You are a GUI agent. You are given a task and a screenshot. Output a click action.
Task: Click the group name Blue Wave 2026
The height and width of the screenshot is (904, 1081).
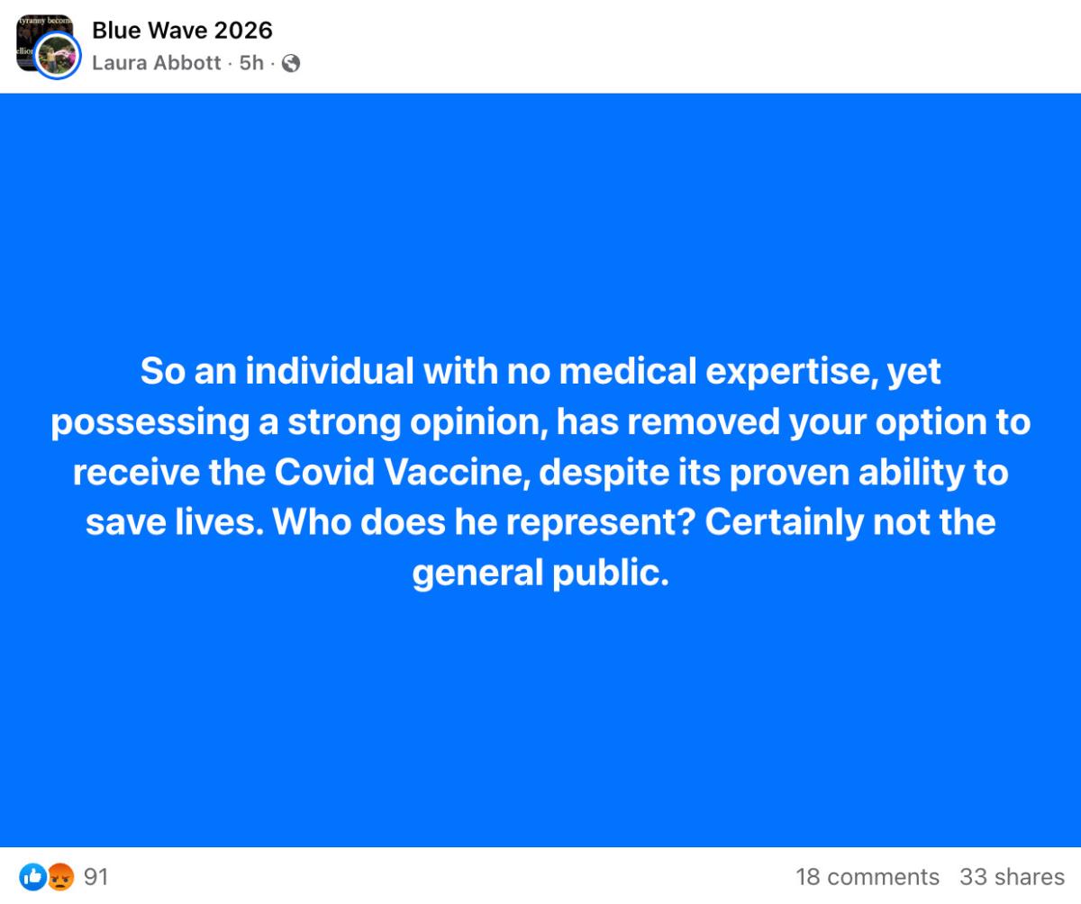(x=182, y=31)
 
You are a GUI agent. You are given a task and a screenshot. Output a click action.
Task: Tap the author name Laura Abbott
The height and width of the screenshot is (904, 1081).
(x=157, y=63)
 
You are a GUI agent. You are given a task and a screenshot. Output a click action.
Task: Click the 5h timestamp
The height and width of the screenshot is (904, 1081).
(x=251, y=63)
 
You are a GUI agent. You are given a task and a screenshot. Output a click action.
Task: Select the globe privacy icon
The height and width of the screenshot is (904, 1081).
(x=291, y=64)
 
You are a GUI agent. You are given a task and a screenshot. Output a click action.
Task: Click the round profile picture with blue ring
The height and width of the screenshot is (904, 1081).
(x=57, y=55)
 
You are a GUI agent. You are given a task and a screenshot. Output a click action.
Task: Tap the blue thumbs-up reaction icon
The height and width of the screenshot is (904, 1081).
(x=33, y=877)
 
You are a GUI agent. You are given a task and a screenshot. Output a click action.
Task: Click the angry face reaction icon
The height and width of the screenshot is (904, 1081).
(x=60, y=877)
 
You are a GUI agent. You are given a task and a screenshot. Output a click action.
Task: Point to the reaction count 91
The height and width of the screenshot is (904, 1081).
(x=96, y=877)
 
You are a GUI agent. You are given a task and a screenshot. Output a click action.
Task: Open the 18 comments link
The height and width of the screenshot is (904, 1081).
(x=868, y=877)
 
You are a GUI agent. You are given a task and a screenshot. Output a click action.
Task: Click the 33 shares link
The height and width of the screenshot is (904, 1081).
(x=1013, y=877)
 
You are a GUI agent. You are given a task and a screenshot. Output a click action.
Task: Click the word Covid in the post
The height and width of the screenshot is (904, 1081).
(x=324, y=473)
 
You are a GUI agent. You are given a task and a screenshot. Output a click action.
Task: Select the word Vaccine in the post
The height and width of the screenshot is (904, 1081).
(x=457, y=473)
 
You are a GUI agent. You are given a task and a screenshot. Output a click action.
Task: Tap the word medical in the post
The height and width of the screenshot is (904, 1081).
(x=628, y=372)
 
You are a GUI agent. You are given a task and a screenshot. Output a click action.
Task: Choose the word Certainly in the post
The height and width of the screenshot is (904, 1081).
(x=784, y=523)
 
